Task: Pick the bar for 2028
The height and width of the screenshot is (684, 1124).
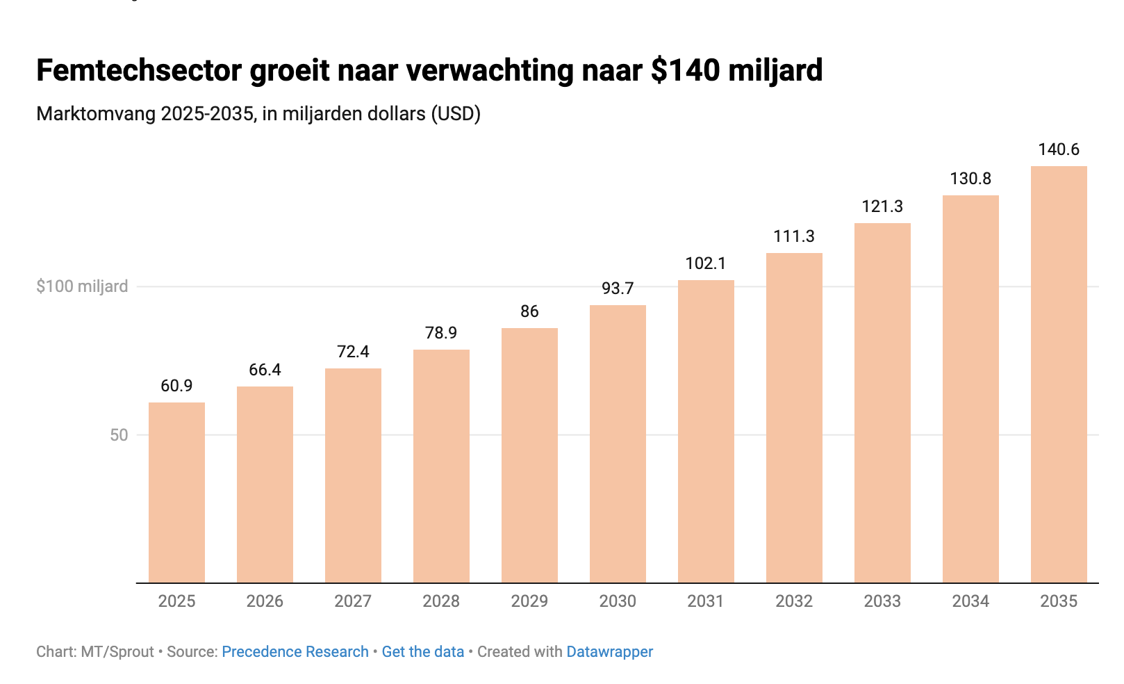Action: [441, 466]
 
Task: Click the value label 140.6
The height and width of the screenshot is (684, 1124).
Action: [1059, 149]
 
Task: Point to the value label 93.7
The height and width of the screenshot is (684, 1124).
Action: [618, 288]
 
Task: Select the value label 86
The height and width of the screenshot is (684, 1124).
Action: [529, 311]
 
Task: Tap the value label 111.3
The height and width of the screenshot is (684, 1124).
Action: [794, 236]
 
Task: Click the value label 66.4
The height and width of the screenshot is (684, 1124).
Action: [265, 370]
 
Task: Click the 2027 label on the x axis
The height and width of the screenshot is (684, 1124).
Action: [353, 601]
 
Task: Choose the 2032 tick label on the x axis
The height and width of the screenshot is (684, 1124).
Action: [794, 601]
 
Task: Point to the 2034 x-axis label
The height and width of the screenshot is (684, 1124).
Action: [970, 601]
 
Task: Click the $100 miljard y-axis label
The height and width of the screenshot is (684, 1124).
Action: [82, 286]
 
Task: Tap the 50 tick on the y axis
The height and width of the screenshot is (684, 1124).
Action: [119, 435]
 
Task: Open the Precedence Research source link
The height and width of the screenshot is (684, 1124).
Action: [295, 652]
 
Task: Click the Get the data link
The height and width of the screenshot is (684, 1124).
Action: [422, 652]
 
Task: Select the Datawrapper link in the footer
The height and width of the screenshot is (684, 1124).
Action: [609, 652]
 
